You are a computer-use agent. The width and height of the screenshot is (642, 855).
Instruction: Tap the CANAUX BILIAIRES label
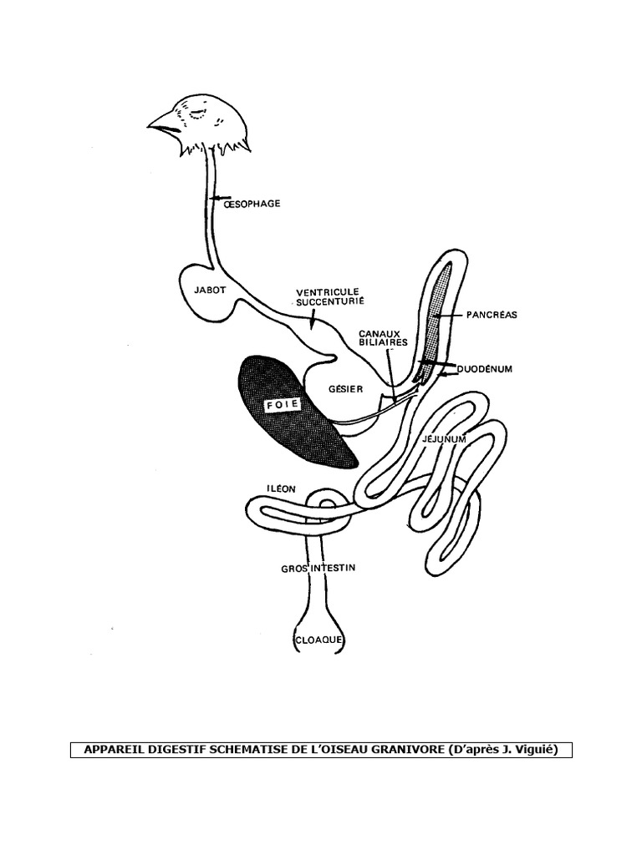point(383,336)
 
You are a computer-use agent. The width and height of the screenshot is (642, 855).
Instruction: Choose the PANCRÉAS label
point(492,315)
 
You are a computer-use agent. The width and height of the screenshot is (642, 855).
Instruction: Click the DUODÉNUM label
point(482,367)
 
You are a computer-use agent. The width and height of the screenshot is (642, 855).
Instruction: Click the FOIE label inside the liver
point(283,406)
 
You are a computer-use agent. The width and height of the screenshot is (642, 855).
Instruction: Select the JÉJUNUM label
point(444,438)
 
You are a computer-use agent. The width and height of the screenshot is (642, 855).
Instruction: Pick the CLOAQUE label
point(320,640)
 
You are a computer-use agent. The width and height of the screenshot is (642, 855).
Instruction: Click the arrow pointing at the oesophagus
point(218,200)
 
